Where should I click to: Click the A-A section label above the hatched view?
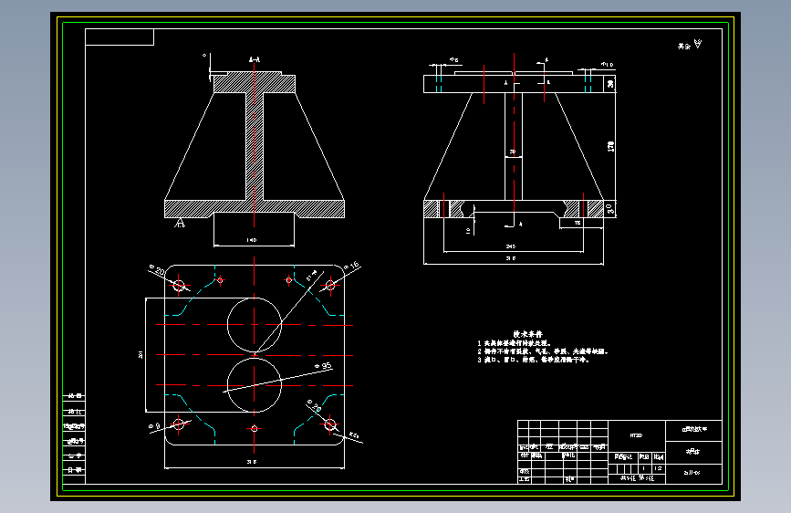coord(255,60)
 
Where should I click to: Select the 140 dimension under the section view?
coord(252,240)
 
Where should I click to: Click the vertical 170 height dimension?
coord(610,145)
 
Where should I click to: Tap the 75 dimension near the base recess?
coord(577,223)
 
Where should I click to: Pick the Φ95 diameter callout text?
coord(322,366)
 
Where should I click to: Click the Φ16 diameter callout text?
coord(354,265)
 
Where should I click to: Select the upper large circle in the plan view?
coord(255,324)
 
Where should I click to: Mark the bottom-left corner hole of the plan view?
coord(179,423)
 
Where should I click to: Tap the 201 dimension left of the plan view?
coord(141,355)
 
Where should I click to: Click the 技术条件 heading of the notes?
coord(526,334)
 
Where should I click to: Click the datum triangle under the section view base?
coord(181,222)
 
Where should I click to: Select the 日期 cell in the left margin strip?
coord(73,469)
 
